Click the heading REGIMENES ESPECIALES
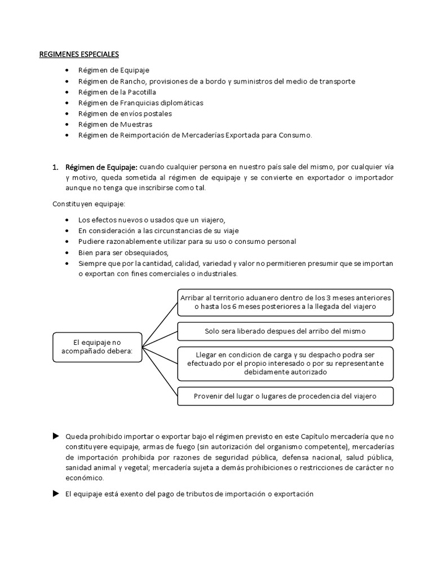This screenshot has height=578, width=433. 78,55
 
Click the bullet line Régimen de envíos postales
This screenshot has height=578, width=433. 118,113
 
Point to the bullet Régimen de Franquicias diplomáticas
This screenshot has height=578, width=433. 134,103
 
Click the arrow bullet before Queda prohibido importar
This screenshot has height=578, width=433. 55,436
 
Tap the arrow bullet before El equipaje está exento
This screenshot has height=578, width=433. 55,493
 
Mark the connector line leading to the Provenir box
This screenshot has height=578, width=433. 160,372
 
